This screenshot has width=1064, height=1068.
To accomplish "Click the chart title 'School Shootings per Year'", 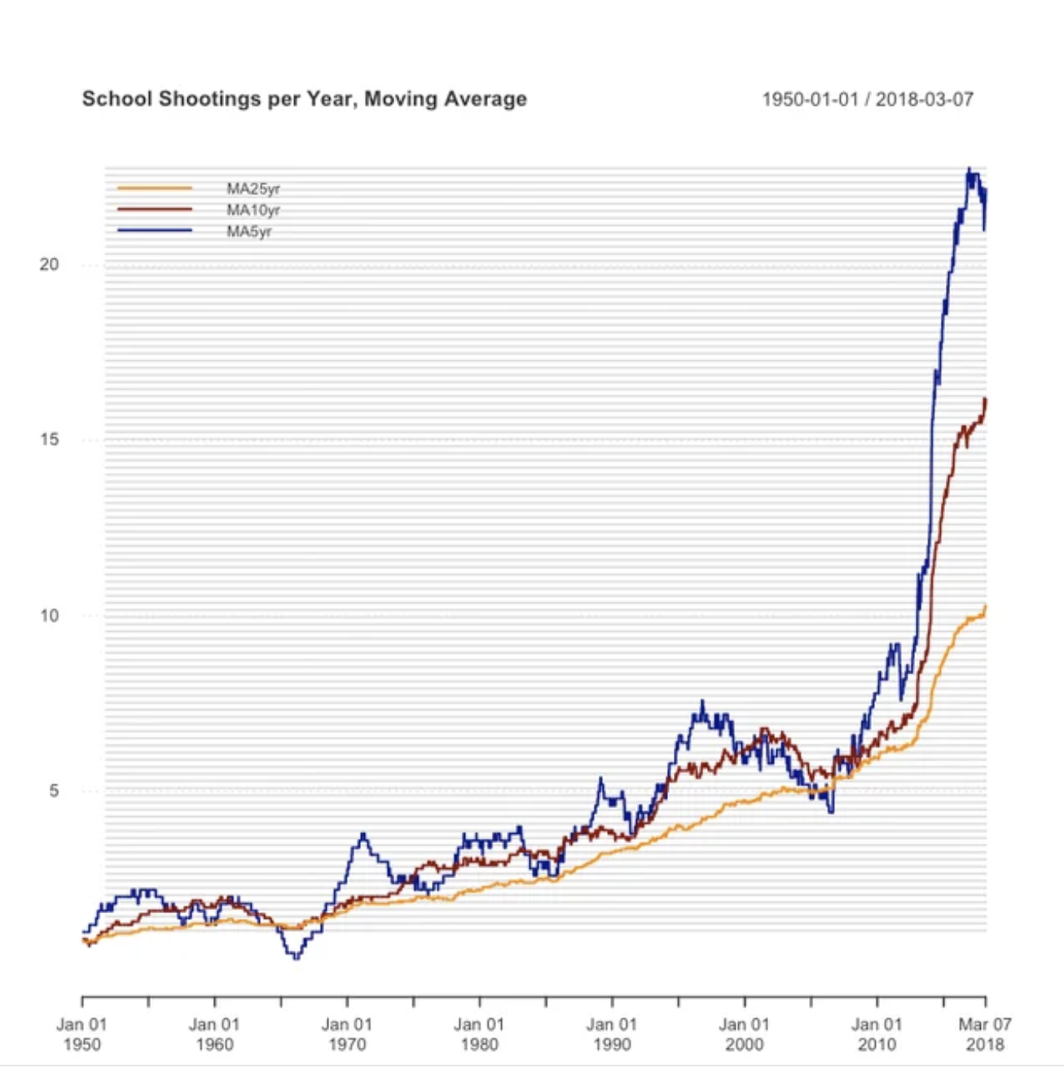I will pyautogui.click(x=304, y=99).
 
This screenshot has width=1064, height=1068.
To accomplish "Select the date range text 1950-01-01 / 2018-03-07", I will pyautogui.click(x=867, y=99).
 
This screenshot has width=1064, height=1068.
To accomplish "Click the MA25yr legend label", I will pyautogui.click(x=253, y=189).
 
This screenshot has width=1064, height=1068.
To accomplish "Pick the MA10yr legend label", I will pyautogui.click(x=253, y=210).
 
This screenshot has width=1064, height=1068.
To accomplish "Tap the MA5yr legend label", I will pyautogui.click(x=248, y=232).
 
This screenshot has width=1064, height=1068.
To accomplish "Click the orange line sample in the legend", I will pyautogui.click(x=155, y=188).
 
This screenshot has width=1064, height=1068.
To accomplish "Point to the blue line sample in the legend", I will pyautogui.click(x=155, y=231).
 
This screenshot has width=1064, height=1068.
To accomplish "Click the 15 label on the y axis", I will pyautogui.click(x=50, y=440).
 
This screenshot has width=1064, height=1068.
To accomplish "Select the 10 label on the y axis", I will pyautogui.click(x=50, y=616).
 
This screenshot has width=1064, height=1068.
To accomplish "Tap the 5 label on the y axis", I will pyautogui.click(x=54, y=791).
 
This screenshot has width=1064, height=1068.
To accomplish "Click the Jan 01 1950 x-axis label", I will pyautogui.click(x=81, y=1034).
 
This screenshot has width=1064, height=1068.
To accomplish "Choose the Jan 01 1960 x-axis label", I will pyautogui.click(x=214, y=1034).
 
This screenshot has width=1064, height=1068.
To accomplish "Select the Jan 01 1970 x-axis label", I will pyautogui.click(x=347, y=1034).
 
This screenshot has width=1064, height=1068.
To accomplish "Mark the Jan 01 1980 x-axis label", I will pyautogui.click(x=479, y=1034).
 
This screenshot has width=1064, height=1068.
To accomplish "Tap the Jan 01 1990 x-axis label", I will pyautogui.click(x=612, y=1034).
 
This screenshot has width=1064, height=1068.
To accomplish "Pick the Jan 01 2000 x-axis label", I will pyautogui.click(x=744, y=1034).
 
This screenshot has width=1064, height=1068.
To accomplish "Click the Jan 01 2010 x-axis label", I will pyautogui.click(x=877, y=1034).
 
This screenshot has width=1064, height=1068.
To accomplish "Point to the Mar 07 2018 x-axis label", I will pyautogui.click(x=984, y=1034).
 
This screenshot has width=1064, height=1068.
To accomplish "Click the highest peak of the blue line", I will pyautogui.click(x=969, y=170).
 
